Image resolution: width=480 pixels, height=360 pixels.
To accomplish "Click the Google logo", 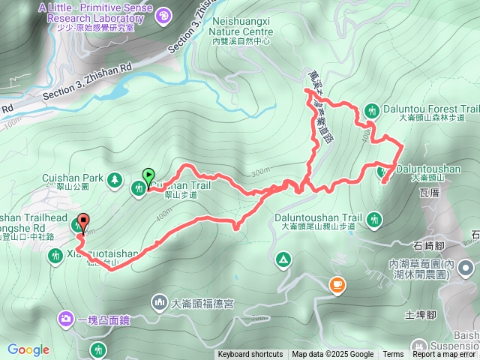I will pyautogui.click(x=28, y=349).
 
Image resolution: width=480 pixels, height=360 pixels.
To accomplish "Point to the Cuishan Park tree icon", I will pyautogui.click(x=114, y=179).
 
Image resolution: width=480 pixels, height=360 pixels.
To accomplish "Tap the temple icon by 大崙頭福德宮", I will pyautogui.click(x=160, y=302).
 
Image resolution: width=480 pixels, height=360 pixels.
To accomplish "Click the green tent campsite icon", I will pyautogui.click(x=283, y=259).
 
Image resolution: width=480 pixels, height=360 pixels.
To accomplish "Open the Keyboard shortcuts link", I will pyautogui.click(x=250, y=355).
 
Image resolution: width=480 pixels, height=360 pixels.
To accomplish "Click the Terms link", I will pyautogui.click(x=393, y=355).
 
